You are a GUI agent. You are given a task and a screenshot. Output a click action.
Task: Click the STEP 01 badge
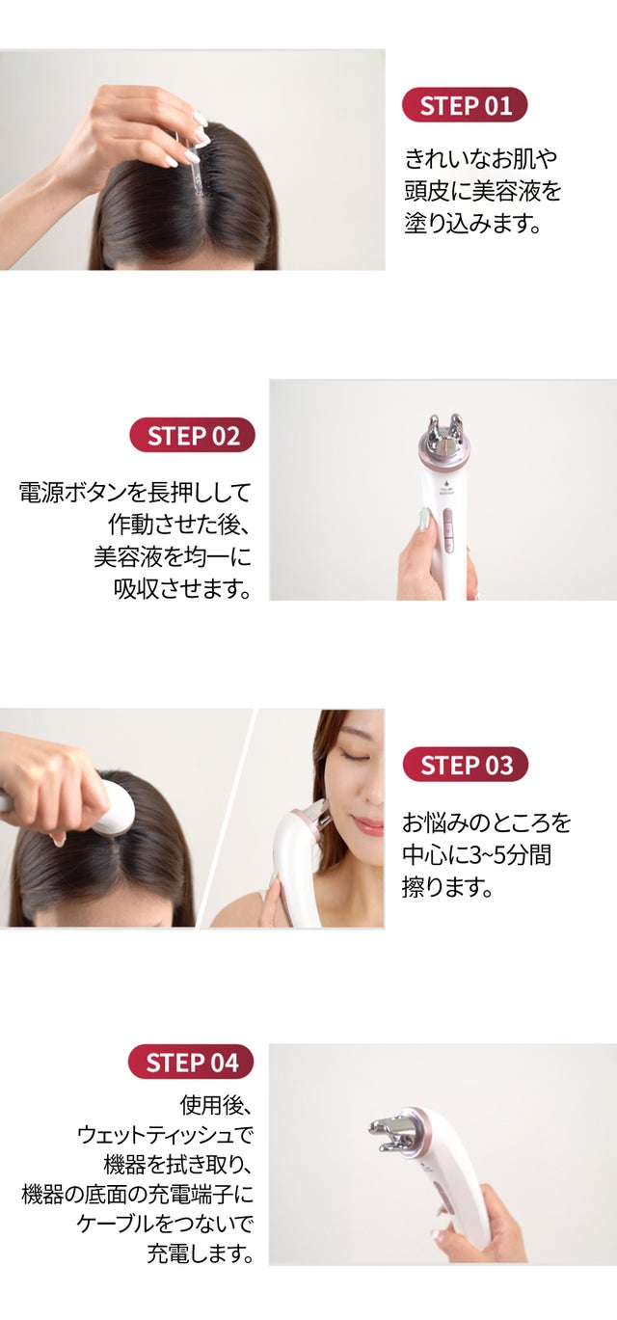point(465,105)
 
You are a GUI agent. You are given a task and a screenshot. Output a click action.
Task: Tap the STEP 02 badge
point(192,435)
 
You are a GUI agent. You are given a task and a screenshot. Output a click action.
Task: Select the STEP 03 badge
point(466,765)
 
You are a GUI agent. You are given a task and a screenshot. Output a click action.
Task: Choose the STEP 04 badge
point(191,1062)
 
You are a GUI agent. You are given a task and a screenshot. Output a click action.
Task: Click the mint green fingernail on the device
point(423,519)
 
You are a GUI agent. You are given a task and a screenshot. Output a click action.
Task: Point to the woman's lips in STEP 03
point(369,825)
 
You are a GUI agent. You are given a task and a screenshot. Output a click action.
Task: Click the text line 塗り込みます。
point(472,224)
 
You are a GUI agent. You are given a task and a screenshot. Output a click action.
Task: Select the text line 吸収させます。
point(182,588)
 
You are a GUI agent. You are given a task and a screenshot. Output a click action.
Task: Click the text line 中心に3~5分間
point(477,854)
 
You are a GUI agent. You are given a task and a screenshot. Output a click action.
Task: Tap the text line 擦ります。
point(447,886)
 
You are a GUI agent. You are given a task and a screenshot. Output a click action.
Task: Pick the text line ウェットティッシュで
point(166,1133)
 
